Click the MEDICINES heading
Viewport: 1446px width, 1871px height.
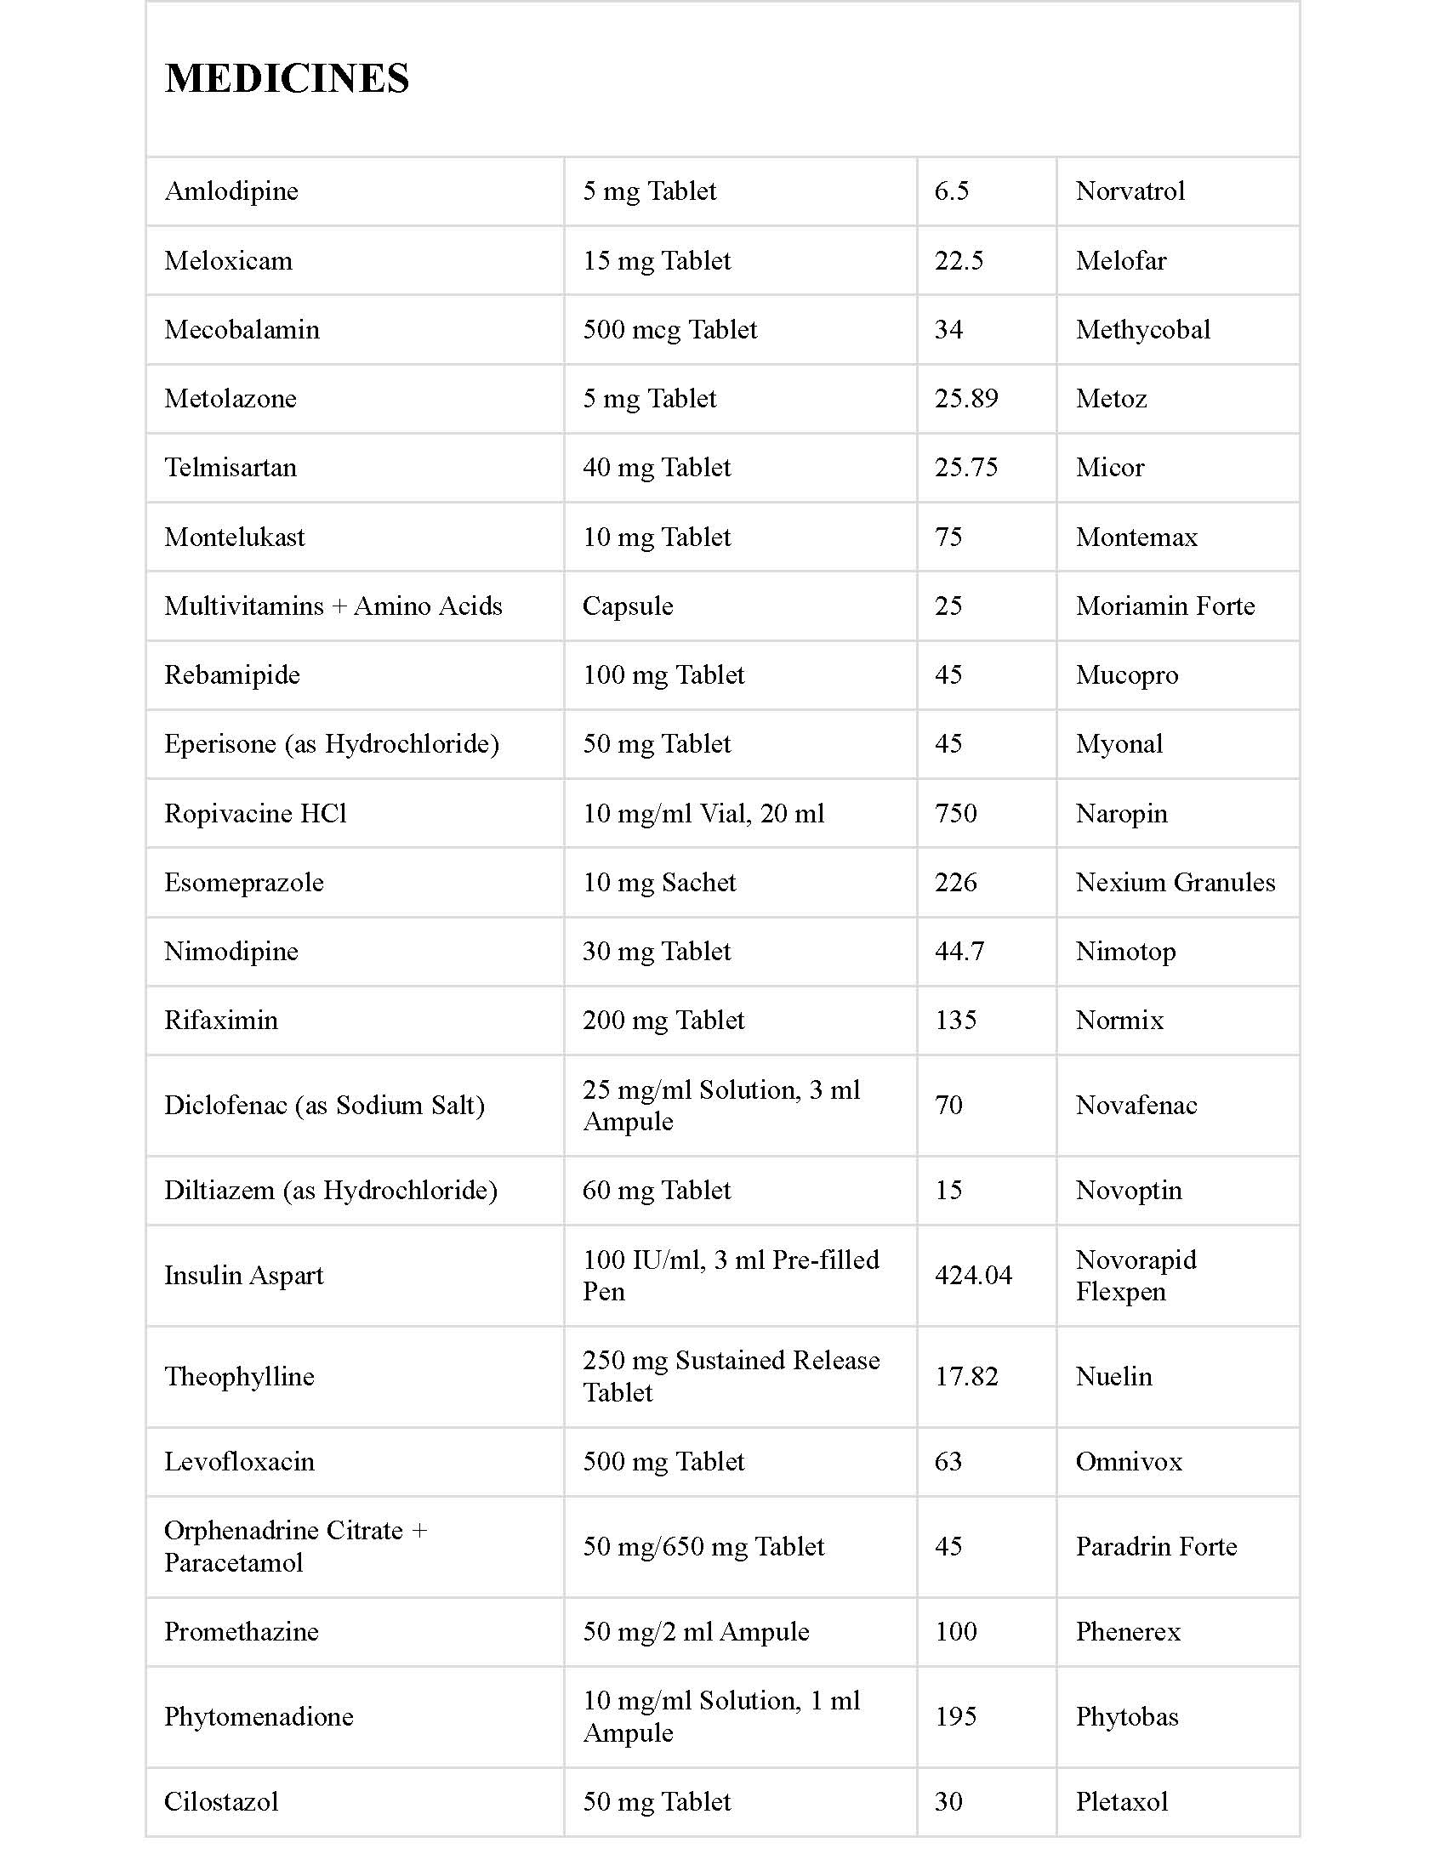point(287,78)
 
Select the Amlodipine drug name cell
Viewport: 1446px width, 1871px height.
point(231,191)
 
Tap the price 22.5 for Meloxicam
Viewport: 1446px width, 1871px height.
point(959,260)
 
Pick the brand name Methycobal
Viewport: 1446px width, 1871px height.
point(1142,330)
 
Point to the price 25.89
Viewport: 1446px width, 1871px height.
point(966,398)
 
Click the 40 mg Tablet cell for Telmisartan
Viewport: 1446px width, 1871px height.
point(656,468)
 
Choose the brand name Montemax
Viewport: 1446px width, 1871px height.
point(1136,537)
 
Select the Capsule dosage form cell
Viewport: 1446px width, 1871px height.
point(628,606)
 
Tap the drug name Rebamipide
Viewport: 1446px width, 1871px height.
point(232,675)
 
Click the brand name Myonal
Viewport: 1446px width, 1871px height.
point(1119,743)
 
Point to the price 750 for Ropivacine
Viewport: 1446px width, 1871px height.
point(955,813)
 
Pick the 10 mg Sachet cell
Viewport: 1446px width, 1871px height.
point(658,883)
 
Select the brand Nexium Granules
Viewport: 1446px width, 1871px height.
point(1176,883)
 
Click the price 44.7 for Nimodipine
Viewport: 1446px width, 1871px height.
point(959,952)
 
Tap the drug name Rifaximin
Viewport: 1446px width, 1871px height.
point(221,1021)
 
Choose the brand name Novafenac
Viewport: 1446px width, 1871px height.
point(1136,1105)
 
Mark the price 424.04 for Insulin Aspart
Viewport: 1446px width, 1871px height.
point(973,1276)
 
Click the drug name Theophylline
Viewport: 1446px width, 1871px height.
point(239,1377)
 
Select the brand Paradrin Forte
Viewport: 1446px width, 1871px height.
point(1156,1546)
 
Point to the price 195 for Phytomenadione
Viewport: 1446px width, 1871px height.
point(955,1717)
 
